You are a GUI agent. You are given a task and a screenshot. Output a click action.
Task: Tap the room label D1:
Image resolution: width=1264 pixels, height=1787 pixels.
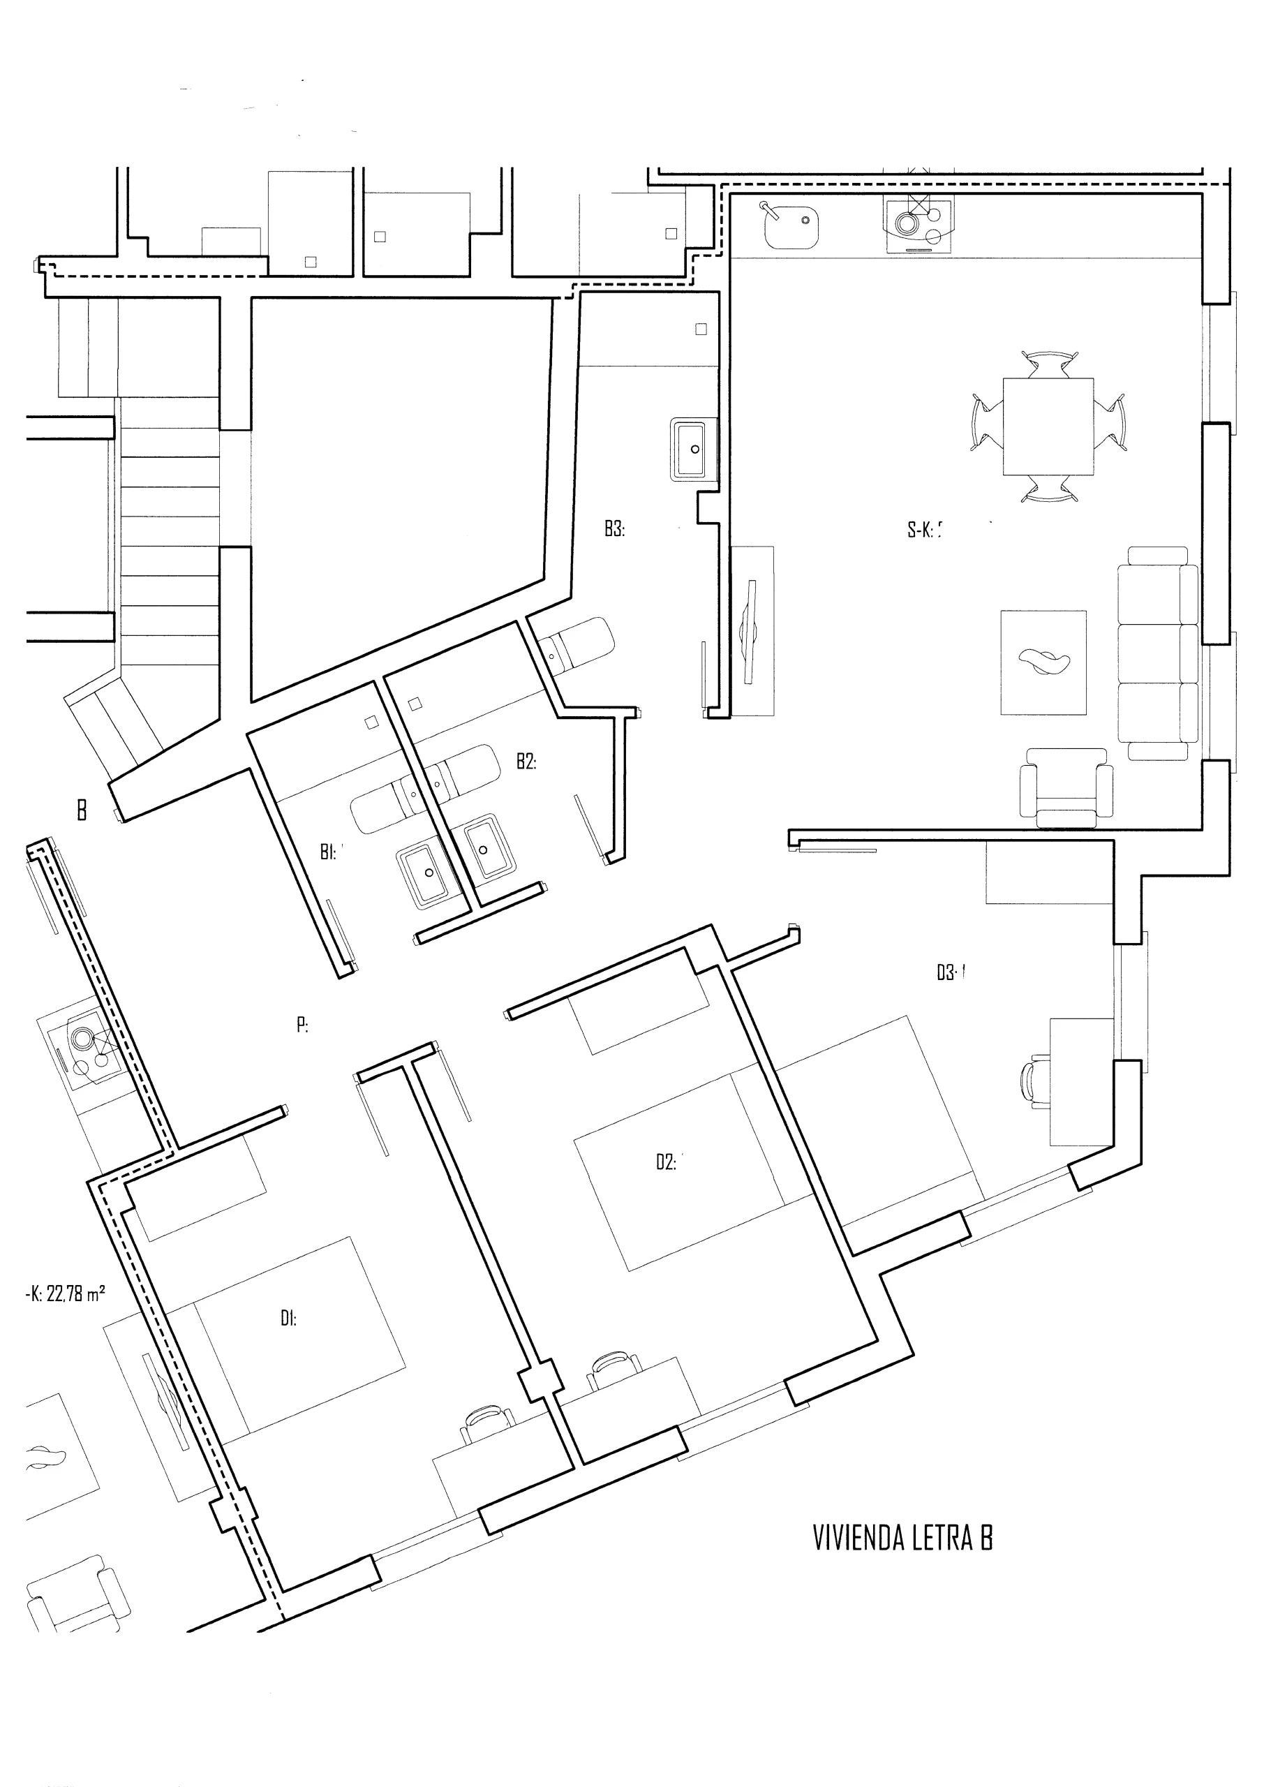point(288,1319)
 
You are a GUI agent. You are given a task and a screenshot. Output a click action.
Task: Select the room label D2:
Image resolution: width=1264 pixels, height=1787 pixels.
point(667,1163)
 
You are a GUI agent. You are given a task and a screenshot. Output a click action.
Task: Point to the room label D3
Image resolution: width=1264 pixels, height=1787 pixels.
point(948,973)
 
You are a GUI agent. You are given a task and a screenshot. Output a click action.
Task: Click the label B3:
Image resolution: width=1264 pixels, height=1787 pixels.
point(614,528)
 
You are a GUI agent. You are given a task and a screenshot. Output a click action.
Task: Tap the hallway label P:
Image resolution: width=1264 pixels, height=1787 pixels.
point(302,1025)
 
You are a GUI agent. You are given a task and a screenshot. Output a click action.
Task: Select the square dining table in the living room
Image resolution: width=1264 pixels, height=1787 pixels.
point(1048,427)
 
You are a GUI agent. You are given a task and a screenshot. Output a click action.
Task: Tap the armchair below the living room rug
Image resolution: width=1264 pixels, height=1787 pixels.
point(1066,787)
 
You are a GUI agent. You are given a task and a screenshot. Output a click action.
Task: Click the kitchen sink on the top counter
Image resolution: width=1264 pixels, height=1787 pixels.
point(790,224)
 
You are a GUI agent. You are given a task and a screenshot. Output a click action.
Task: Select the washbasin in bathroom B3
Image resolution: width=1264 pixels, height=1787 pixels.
point(689,450)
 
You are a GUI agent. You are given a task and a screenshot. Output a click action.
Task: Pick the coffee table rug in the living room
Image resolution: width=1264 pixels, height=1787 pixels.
point(1043,662)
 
